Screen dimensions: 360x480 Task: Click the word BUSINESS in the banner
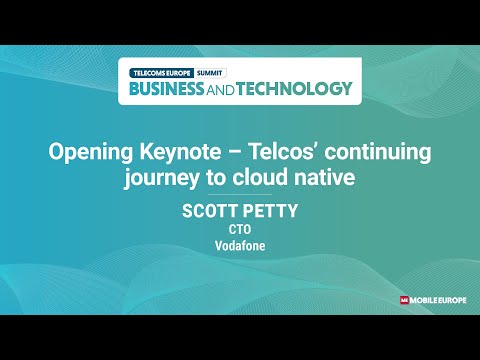coord(169,88)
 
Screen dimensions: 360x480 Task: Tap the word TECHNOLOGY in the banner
coord(298,88)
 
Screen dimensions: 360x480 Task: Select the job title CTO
coord(239,228)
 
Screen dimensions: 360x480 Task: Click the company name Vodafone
coord(239,244)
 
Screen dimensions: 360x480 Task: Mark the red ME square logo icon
coord(403,299)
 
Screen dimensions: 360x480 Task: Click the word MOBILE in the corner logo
coord(424,299)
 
